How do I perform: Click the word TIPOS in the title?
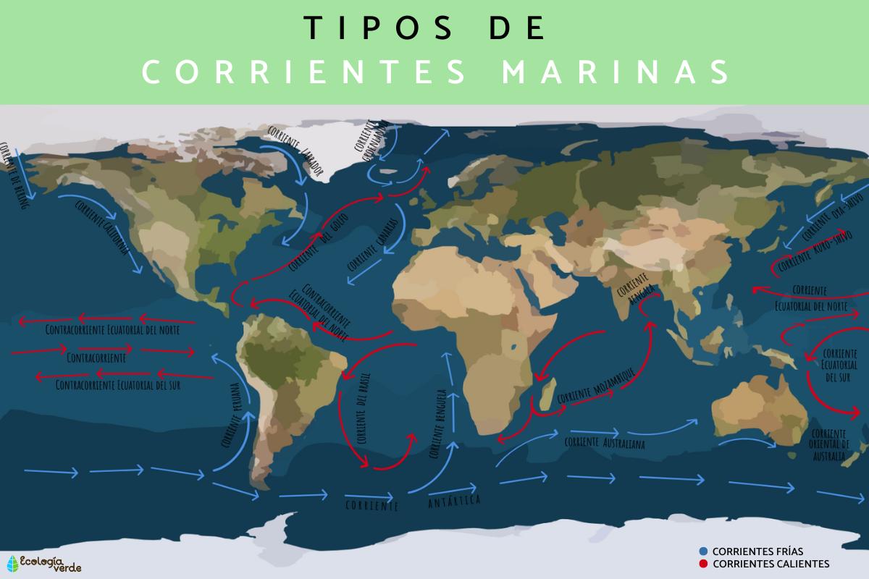coord(377,28)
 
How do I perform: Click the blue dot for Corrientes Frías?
coord(704,551)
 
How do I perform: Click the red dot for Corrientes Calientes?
coord(704,564)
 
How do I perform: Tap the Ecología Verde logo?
coord(43,563)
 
